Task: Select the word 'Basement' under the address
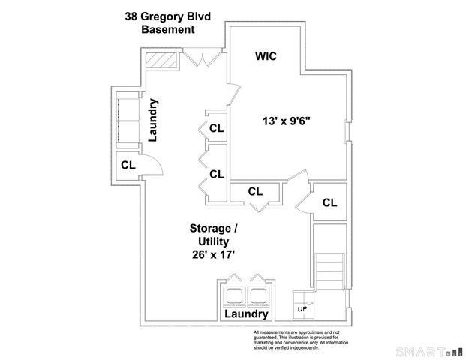pyautogui.click(x=169, y=29)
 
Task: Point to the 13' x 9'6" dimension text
pyautogui.click(x=286, y=120)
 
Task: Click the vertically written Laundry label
pyautogui.click(x=152, y=120)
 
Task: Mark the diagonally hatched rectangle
pyautogui.click(x=160, y=60)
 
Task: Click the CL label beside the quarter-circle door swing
pyautogui.click(x=128, y=165)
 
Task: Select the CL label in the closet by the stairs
pyautogui.click(x=329, y=202)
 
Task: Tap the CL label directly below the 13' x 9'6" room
pyautogui.click(x=255, y=192)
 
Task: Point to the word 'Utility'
pyautogui.click(x=213, y=241)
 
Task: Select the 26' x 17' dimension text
pyautogui.click(x=213, y=255)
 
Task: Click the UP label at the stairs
pyautogui.click(x=302, y=309)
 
